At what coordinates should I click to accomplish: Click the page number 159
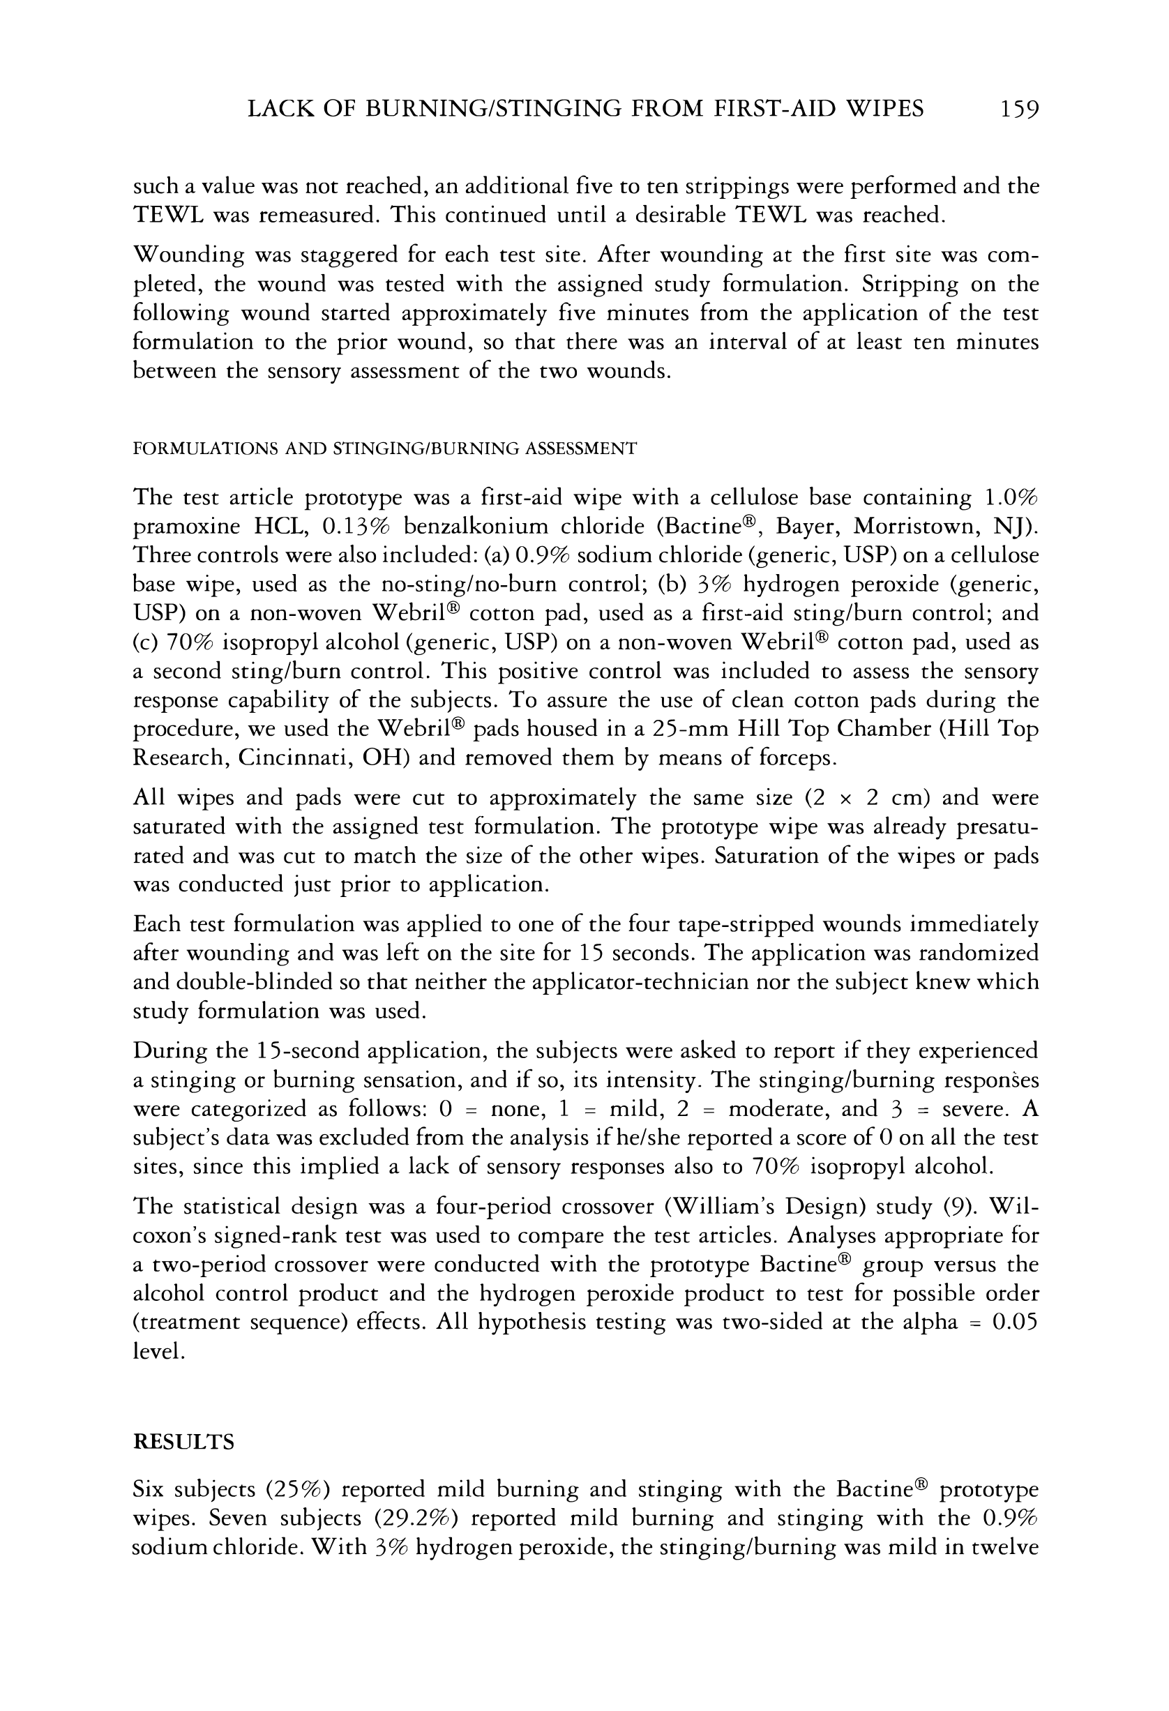point(1019,110)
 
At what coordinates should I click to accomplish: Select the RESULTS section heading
point(183,1442)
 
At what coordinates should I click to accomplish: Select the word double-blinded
point(241,982)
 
